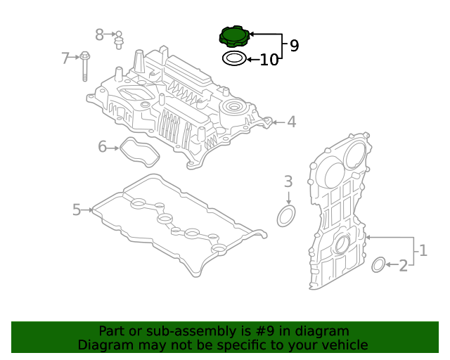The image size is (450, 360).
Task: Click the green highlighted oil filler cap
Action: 235,36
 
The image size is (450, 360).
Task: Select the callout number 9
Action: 294,46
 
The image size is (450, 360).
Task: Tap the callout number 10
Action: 269,60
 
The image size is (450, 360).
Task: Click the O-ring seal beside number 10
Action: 234,58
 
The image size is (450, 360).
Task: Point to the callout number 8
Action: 99,34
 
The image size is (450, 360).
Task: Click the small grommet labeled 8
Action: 119,39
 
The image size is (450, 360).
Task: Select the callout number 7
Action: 66,58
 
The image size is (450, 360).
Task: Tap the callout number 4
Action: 291,122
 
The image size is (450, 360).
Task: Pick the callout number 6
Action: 102,147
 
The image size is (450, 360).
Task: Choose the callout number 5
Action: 77,209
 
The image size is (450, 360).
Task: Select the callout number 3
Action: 288,182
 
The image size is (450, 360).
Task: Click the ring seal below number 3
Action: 286,217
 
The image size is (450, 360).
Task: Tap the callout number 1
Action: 423,250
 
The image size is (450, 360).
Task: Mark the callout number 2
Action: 404,266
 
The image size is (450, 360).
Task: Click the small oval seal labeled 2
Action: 378,265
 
